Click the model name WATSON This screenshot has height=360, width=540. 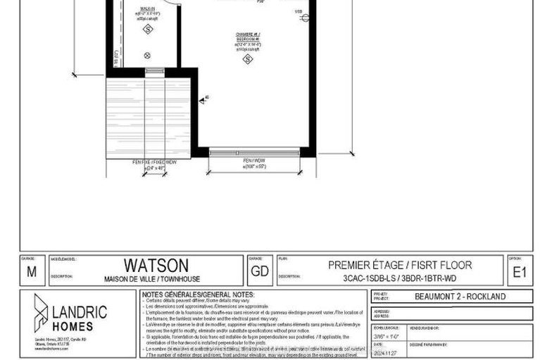coord(156,265)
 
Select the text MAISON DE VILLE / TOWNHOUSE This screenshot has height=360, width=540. coord(156,276)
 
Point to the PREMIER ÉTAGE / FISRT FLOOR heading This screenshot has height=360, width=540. coord(400,265)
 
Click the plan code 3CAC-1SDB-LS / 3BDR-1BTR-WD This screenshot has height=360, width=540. coord(400,277)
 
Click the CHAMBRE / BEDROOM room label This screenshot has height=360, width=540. coord(248,38)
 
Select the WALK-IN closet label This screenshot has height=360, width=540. coord(148,12)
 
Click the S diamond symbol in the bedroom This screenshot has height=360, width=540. coord(248,60)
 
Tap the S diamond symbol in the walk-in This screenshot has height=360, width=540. coord(148,30)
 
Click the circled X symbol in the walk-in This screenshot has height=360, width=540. coord(147,55)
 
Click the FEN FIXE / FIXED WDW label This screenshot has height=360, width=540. coord(149,163)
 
